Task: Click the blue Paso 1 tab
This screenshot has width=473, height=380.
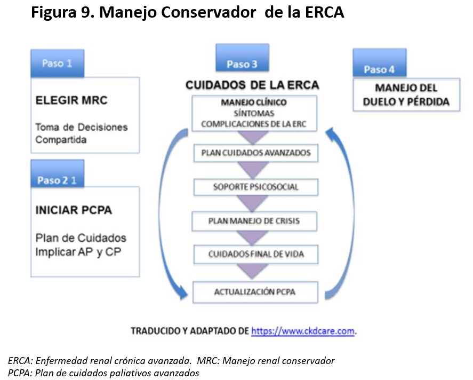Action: pos(57,63)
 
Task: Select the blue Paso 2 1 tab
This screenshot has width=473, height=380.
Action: pos(57,179)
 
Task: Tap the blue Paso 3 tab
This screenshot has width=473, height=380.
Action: pos(242,64)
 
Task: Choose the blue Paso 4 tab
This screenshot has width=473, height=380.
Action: pos(379,69)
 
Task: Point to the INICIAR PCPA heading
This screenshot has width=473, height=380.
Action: pos(74,210)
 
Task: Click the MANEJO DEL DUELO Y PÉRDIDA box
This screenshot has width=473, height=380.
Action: pos(406,94)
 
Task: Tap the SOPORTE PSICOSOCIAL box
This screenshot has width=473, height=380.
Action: pos(256,187)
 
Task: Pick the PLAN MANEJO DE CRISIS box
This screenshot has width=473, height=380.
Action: pos(256,220)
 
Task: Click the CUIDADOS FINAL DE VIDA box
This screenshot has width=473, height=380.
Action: pos(256,254)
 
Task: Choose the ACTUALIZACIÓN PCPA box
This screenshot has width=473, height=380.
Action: pos(256,291)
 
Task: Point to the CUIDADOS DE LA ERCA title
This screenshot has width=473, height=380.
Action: pos(252,85)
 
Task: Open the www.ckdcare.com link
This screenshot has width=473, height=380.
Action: pos(303,331)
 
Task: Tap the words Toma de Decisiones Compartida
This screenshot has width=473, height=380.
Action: pos(81,133)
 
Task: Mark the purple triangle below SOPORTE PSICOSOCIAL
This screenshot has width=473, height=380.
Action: pos(256,204)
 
